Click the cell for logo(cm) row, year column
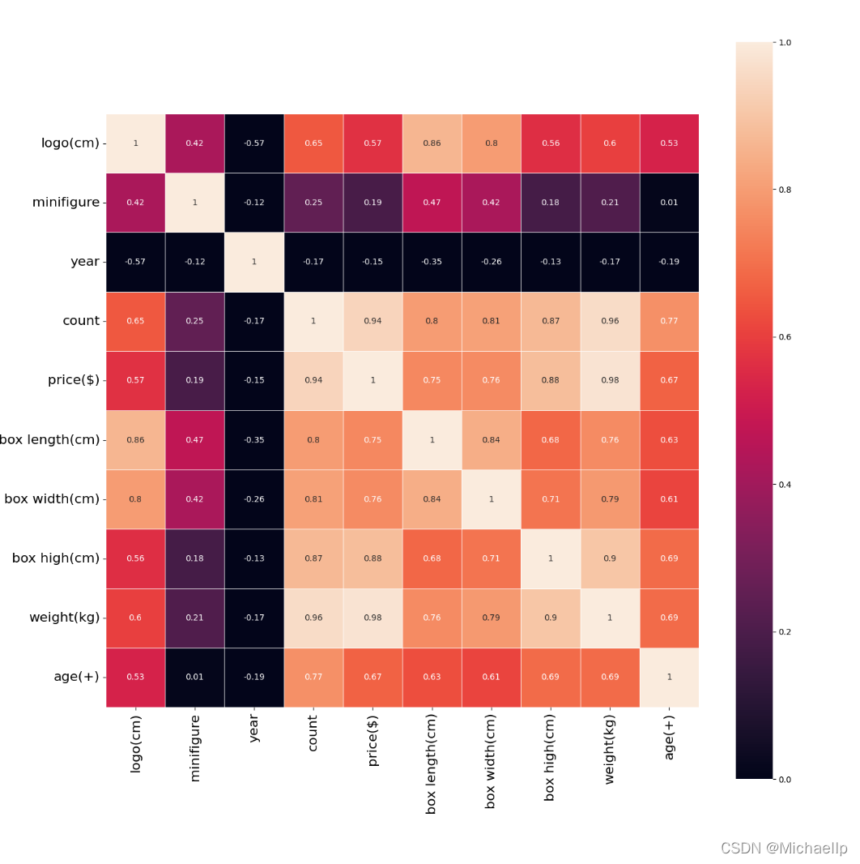point(253,143)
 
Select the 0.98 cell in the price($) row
point(610,380)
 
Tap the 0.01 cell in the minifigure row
point(669,203)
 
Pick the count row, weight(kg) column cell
point(610,321)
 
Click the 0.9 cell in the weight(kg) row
point(551,618)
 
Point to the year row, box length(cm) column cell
point(432,262)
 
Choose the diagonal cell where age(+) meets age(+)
point(669,677)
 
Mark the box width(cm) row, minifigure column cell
point(194,499)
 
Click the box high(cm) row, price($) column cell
point(373,558)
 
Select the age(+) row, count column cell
point(313,677)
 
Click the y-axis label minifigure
point(66,203)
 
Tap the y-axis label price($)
point(74,380)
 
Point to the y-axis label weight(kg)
point(64,618)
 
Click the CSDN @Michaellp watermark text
point(783,849)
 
